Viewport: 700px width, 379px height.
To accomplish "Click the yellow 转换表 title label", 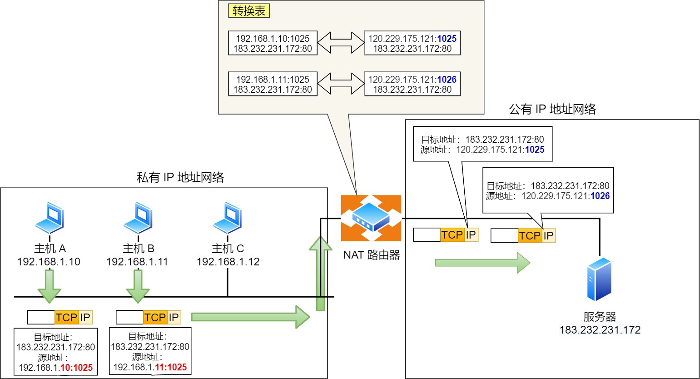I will click(x=249, y=11).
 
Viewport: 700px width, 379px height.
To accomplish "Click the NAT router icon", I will click(x=371, y=218).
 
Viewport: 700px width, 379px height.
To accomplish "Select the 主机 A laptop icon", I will click(x=50, y=218).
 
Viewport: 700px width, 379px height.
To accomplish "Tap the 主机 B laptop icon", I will click(x=138, y=218).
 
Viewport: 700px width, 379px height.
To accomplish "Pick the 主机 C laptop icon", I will click(x=227, y=218).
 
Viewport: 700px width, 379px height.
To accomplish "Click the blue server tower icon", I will click(x=599, y=279).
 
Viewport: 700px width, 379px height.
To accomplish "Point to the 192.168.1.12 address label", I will click(x=228, y=262).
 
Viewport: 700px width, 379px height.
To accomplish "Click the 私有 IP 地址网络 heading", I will click(x=180, y=177).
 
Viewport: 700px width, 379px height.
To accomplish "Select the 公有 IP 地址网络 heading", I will click(x=552, y=110).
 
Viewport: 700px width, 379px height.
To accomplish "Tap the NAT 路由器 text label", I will click(x=372, y=255).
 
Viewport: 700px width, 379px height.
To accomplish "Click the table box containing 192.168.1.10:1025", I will click(x=273, y=43).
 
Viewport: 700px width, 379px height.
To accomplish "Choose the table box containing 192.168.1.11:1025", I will click(x=273, y=84).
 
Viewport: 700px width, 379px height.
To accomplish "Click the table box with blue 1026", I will click(x=412, y=84).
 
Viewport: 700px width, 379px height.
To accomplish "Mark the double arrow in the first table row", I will click(x=341, y=43).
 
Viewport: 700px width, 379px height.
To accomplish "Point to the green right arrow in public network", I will click(x=482, y=263).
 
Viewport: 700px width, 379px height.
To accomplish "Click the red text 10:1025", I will click(x=76, y=368).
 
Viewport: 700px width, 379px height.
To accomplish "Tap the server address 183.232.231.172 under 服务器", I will click(x=600, y=330).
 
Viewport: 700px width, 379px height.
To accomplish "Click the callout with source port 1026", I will click(x=548, y=191).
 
